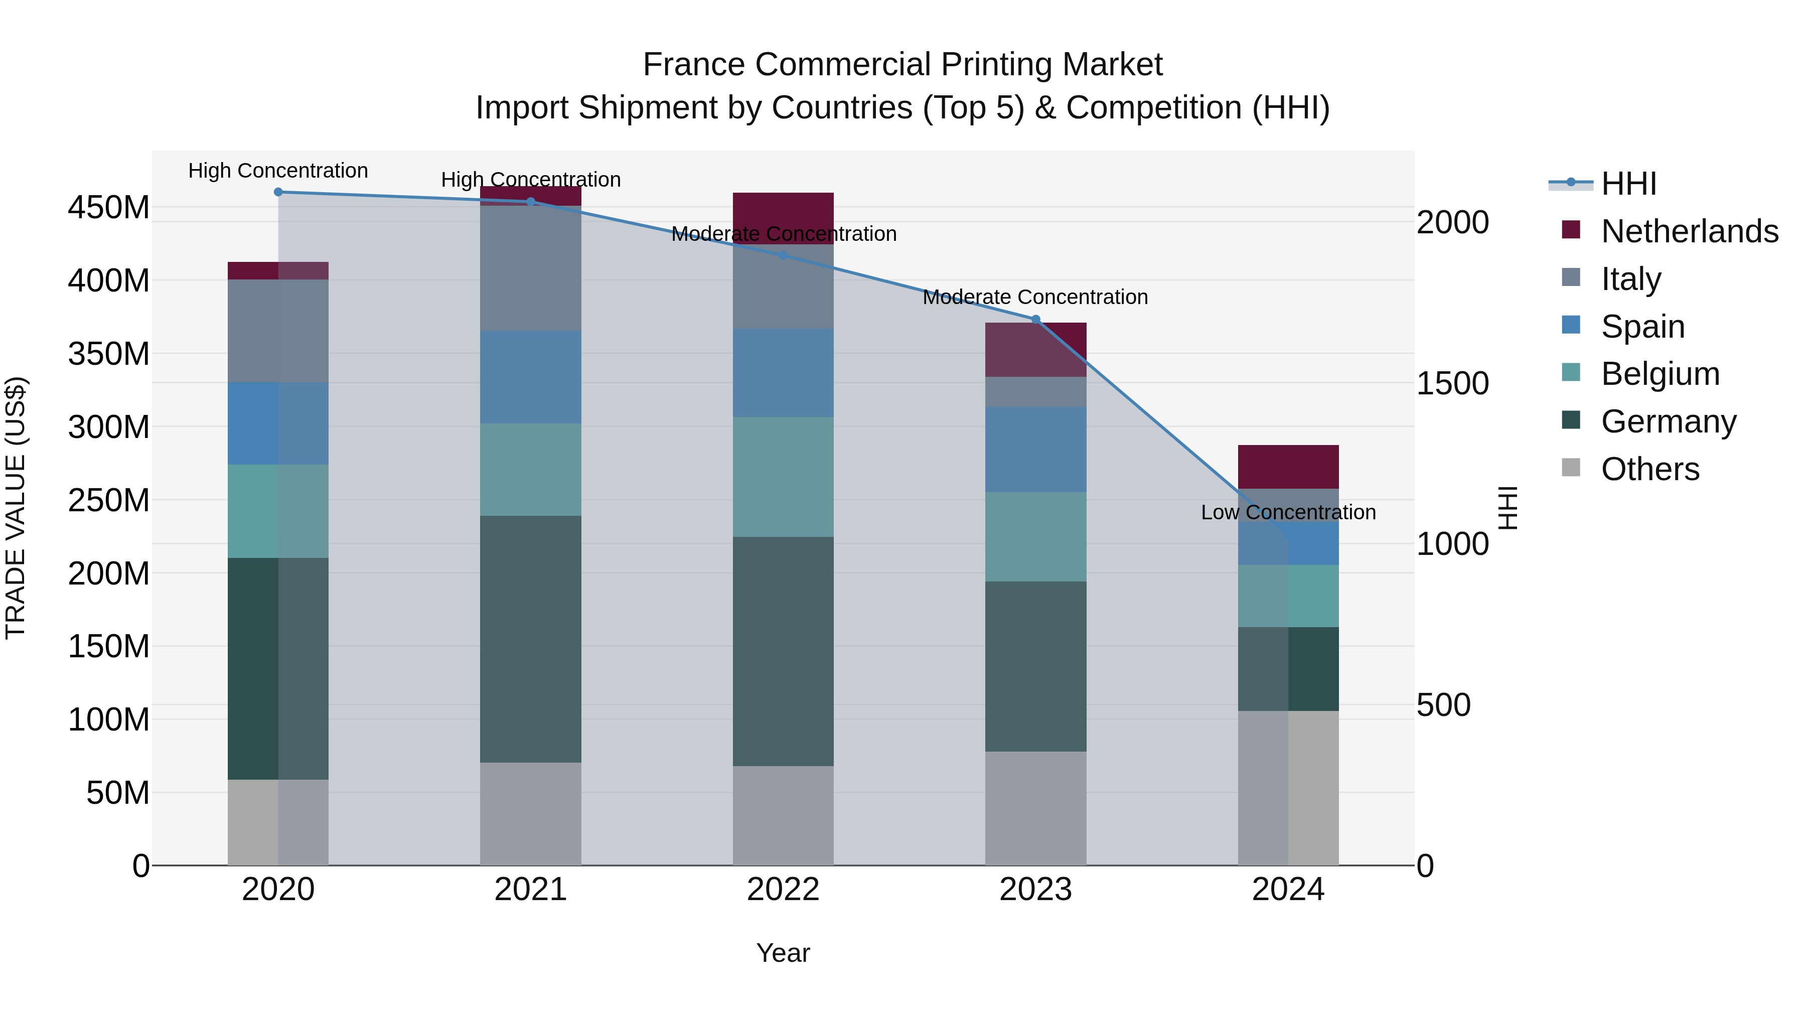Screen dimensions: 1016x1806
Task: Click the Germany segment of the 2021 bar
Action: point(531,639)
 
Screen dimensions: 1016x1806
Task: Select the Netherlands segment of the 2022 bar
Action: point(783,210)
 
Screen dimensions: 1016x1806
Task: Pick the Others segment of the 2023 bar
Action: point(1035,808)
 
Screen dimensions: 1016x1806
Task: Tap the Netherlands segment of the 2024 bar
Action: point(1288,466)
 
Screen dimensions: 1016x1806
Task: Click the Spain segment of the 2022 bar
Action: point(783,373)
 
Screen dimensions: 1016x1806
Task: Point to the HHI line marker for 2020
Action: point(278,192)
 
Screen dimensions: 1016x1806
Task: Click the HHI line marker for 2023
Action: point(1035,320)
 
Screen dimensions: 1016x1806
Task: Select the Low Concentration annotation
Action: point(1288,513)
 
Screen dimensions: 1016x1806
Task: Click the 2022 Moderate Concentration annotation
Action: point(783,234)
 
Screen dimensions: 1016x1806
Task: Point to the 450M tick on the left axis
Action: point(109,208)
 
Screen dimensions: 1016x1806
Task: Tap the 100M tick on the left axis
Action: point(109,719)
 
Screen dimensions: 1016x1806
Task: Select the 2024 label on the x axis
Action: point(1288,890)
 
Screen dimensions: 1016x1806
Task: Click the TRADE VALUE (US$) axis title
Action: point(16,508)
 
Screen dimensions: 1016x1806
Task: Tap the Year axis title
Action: point(783,953)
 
